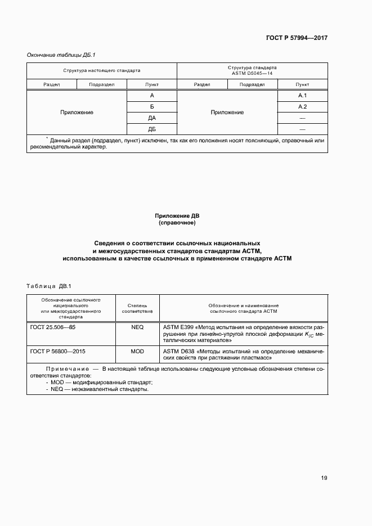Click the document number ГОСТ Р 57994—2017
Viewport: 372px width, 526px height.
coord(297,38)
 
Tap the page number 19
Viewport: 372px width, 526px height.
coord(324,478)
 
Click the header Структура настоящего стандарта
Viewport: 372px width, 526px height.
coord(102,71)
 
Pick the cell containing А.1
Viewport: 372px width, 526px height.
coord(302,96)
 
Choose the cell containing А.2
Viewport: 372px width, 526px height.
coord(302,107)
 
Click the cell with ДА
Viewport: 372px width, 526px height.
coord(152,118)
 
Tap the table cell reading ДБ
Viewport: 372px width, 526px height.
coord(152,129)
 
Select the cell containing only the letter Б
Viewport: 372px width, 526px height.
coord(152,107)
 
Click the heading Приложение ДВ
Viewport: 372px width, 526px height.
coord(177,215)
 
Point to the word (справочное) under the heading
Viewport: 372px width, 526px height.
coord(177,223)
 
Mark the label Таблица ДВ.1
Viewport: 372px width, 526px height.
coord(50,286)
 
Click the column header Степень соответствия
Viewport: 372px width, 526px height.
coord(137,308)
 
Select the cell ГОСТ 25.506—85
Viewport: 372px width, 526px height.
coord(52,326)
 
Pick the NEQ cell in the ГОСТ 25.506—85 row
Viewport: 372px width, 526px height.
coord(137,326)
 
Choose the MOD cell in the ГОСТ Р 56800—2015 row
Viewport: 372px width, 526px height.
coord(137,350)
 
